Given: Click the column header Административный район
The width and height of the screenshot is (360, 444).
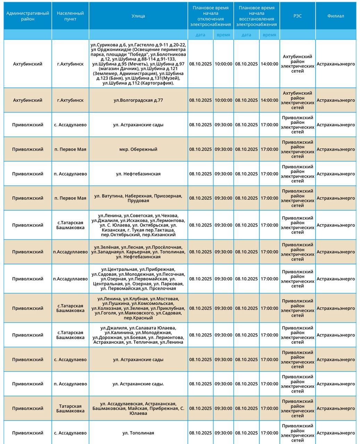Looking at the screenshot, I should point(28,16).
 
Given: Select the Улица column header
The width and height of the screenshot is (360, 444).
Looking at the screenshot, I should point(138,16).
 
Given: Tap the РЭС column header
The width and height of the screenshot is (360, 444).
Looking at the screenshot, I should point(298,16).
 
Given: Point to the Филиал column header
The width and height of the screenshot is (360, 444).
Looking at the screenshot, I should point(336,16).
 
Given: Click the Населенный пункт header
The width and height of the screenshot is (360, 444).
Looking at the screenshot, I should point(70,16).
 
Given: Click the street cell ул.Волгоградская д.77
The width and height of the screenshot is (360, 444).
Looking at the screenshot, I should point(138,100).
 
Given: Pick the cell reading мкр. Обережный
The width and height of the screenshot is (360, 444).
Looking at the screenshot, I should point(138,149).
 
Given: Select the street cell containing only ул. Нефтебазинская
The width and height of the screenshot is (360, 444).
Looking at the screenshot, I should point(138,174).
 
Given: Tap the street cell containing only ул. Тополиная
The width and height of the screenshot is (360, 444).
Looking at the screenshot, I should point(138,433).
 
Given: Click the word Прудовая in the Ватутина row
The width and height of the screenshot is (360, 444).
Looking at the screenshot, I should point(138,201).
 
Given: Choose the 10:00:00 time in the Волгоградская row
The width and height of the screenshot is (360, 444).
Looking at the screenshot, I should point(223,100).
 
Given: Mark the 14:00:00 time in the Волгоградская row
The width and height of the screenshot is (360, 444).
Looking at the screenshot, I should point(269,100).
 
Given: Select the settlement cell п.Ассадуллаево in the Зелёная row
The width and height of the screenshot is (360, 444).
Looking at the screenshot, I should point(70,252).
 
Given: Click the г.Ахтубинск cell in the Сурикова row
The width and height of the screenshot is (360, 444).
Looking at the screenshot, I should point(70,64).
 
